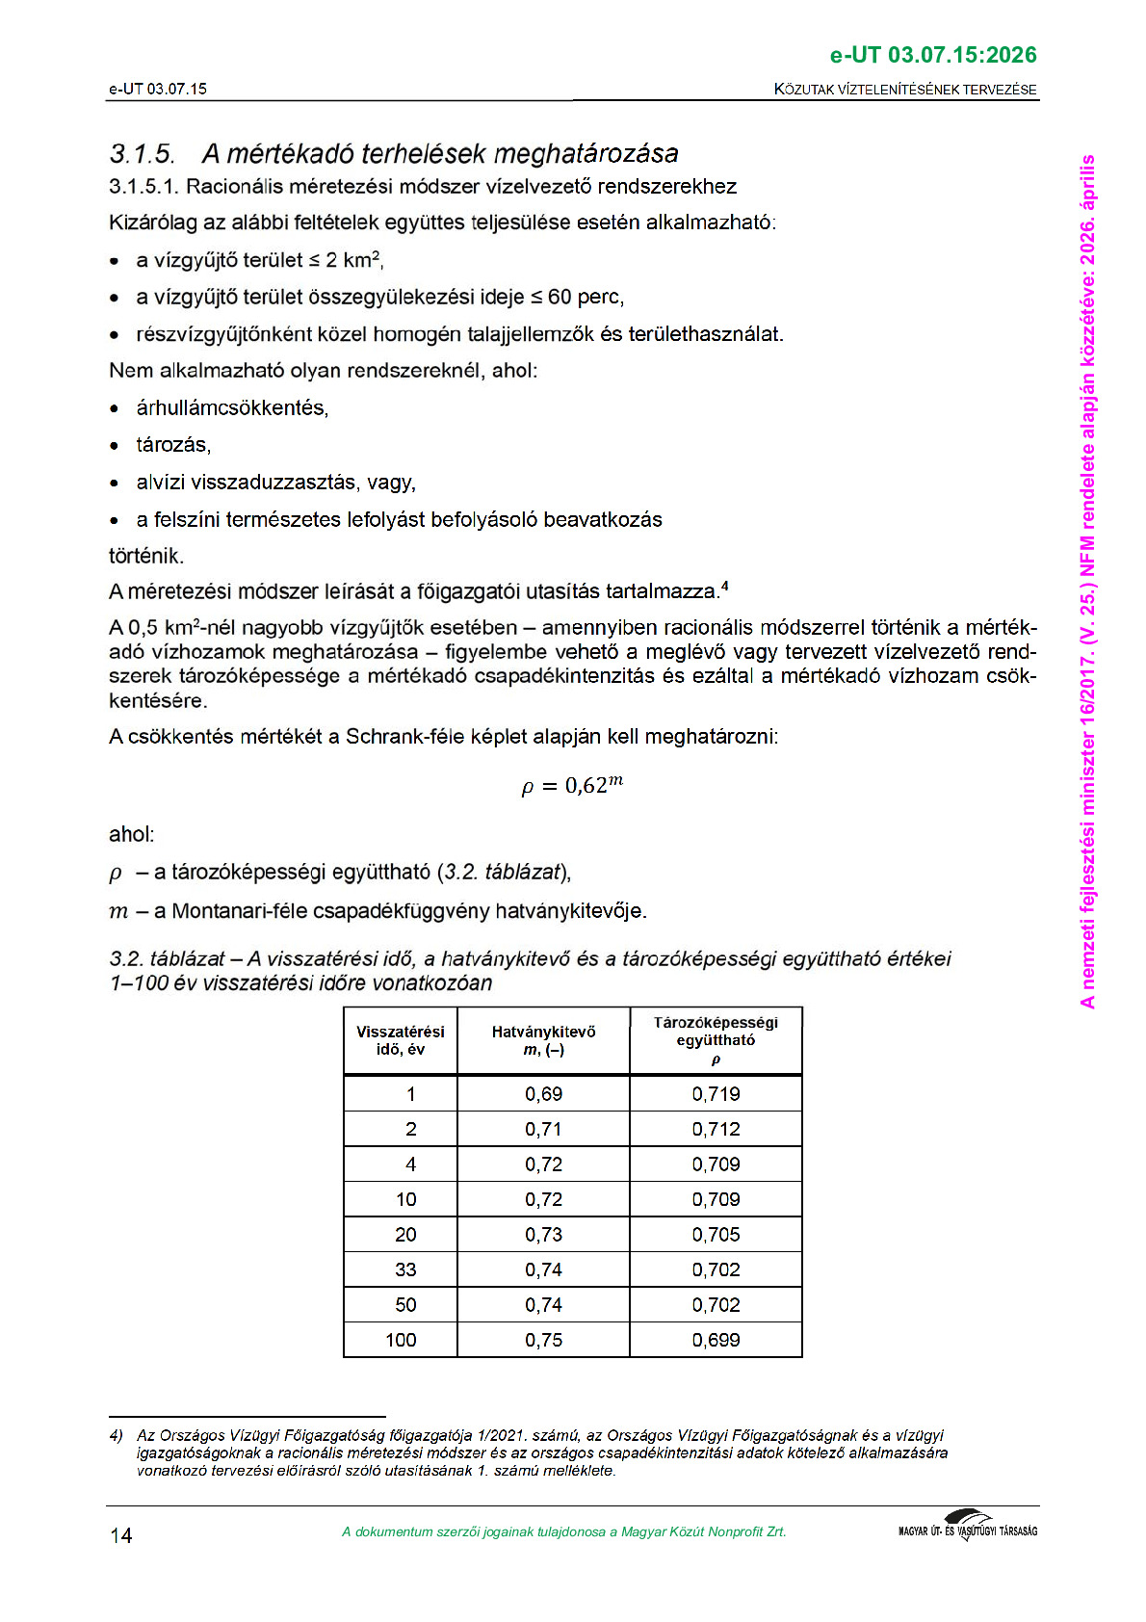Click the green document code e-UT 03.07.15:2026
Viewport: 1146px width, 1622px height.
[x=932, y=55]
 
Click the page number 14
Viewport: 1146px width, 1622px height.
[x=121, y=1535]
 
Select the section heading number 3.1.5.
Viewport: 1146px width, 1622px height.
[x=142, y=154]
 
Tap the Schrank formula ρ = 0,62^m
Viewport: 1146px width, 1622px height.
[x=572, y=785]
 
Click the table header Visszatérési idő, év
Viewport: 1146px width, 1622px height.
[x=401, y=1040]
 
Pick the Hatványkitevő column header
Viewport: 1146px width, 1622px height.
[x=543, y=1040]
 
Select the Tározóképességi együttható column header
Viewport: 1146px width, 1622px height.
[x=716, y=1040]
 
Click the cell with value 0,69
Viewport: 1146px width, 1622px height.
[x=543, y=1094]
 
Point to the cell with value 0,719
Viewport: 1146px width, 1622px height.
[x=716, y=1094]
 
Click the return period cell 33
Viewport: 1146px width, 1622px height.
[x=405, y=1269]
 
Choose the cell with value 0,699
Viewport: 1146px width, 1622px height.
[x=716, y=1340]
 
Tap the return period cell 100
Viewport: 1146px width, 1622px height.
[x=401, y=1340]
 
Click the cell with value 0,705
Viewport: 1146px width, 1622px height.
[x=716, y=1235]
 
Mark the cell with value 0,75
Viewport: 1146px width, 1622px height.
[x=543, y=1340]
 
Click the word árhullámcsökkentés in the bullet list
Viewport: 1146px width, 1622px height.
[x=232, y=408]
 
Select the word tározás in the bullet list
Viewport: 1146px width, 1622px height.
[x=173, y=445]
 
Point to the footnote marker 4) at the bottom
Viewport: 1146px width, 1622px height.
[x=117, y=1436]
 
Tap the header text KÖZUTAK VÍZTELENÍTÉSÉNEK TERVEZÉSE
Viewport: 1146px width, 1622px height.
[x=905, y=90]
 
